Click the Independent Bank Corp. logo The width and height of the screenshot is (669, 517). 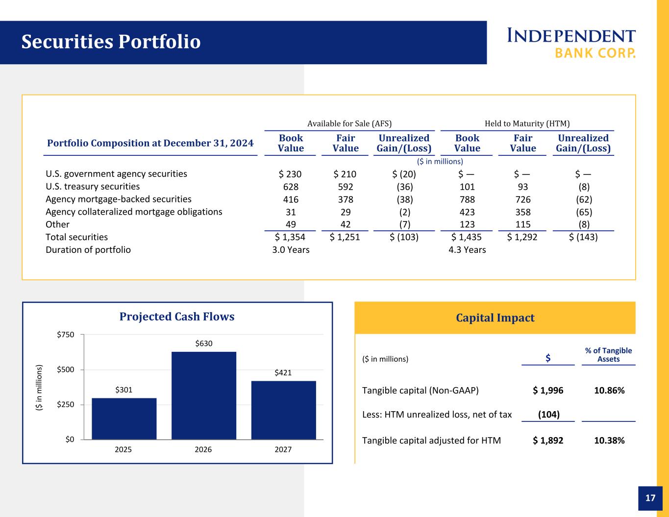pos(571,43)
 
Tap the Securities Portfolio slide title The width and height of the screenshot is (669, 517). pos(111,41)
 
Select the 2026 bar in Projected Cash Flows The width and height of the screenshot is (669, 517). pos(204,395)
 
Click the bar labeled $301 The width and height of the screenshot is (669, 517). pos(124,419)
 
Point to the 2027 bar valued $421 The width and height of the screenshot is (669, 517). pos(284,410)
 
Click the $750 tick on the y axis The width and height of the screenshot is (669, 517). pos(66,335)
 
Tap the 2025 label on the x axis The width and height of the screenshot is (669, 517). pos(123,449)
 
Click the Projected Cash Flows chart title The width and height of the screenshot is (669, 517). pos(177,317)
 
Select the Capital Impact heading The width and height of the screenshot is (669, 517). pos(495,318)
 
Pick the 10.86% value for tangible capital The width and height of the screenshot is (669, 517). pos(609,390)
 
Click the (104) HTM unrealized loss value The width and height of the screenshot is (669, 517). pos(548,414)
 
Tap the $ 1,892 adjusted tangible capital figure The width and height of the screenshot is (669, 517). pos(548,441)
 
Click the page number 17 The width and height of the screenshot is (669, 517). pos(650,498)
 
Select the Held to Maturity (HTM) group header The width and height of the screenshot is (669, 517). pos(527,123)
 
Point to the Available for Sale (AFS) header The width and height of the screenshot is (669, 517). pos(349,123)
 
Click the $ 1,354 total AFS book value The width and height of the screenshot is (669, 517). pos(290,237)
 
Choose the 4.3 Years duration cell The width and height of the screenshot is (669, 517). pos(467,249)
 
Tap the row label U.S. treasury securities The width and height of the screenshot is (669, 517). pos(93,186)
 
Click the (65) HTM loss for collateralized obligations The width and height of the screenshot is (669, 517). pos(584,212)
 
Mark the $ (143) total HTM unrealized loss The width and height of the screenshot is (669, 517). pos(583,237)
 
